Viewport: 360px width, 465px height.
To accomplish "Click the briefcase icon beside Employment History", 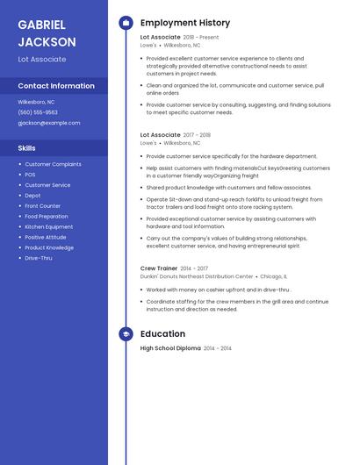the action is [126, 23].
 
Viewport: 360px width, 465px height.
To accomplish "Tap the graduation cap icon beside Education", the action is [126, 333].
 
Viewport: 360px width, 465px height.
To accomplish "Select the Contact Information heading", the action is [56, 86].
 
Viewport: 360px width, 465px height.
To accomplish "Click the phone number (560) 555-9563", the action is [38, 112].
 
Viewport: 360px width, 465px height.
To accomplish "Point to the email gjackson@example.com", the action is [49, 123].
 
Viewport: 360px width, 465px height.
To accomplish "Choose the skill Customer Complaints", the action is [53, 164].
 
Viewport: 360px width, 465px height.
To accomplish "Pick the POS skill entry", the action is [30, 175].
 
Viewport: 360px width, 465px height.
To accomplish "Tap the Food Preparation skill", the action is [47, 216].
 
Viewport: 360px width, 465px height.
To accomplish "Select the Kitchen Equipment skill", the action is [49, 226].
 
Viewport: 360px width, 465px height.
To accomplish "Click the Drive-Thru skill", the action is [39, 258].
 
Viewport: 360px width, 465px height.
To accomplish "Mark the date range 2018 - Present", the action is [201, 38].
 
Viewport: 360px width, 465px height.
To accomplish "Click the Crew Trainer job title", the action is [158, 268].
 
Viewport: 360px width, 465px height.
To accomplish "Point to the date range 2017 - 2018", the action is [198, 135].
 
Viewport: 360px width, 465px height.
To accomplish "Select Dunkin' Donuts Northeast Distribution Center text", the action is [197, 276].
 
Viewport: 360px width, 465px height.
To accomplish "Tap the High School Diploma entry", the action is [170, 348].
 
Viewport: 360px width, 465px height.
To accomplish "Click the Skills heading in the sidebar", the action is [27, 148].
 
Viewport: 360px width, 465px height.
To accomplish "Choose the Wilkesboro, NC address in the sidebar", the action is [36, 102].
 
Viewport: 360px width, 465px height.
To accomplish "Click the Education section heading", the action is [162, 333].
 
